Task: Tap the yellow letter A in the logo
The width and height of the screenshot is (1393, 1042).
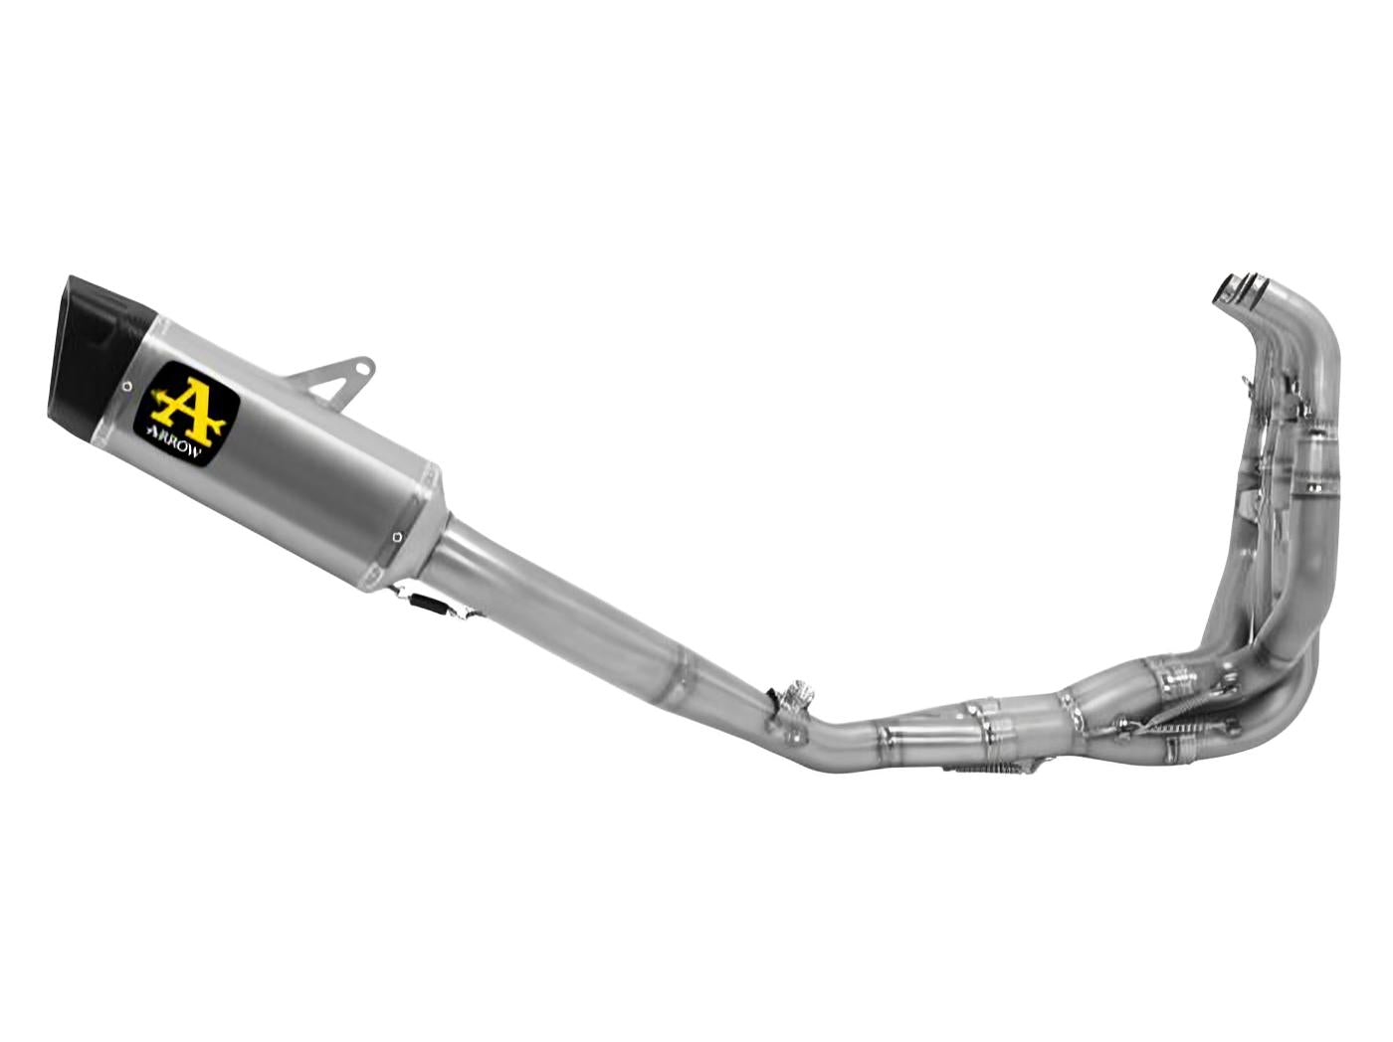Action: tap(187, 407)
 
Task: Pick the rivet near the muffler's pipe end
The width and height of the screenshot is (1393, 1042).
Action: tap(398, 537)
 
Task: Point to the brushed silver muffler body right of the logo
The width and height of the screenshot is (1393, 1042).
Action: tap(318, 467)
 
